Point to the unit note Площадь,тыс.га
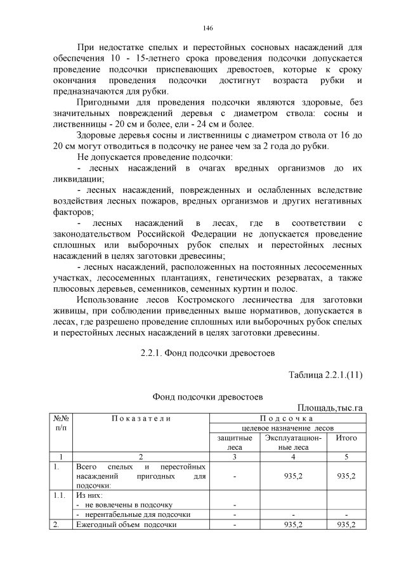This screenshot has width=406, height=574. (x=329, y=407)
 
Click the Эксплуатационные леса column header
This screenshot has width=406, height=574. (x=293, y=442)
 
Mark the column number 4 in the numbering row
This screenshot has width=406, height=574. (x=293, y=457)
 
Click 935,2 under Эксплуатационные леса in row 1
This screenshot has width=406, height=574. (x=293, y=476)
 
